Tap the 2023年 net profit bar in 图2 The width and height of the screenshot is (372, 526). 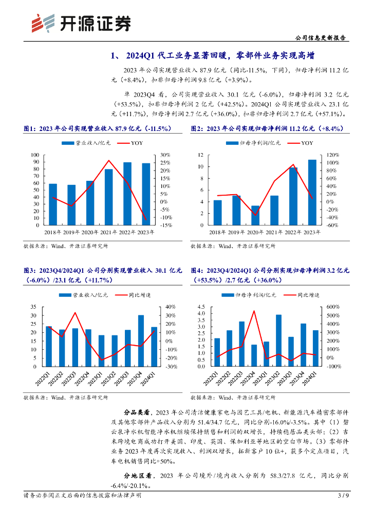click(312, 193)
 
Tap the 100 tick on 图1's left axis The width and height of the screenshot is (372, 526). click(35, 155)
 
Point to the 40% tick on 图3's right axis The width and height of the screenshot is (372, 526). click(171, 307)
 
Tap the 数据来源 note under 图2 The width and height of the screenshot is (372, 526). click(233, 246)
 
